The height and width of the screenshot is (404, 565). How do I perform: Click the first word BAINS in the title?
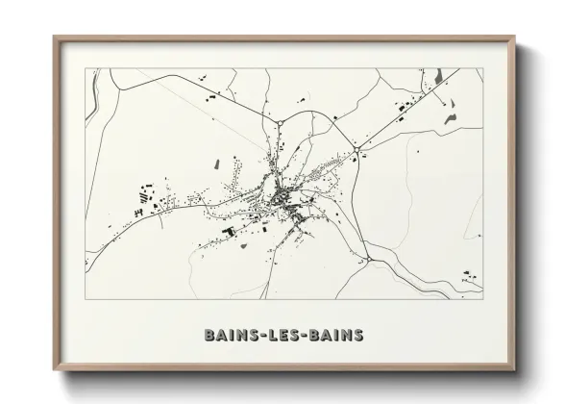(228, 336)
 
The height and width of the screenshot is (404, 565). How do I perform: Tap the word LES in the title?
(283, 336)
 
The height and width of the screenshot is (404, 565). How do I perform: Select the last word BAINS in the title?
(339, 336)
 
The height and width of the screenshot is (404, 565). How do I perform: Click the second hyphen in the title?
(307, 336)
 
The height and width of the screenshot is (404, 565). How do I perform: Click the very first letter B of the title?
(209, 336)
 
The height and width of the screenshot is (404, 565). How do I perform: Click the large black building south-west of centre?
(229, 231)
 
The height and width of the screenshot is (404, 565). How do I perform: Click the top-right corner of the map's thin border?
(483, 68)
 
